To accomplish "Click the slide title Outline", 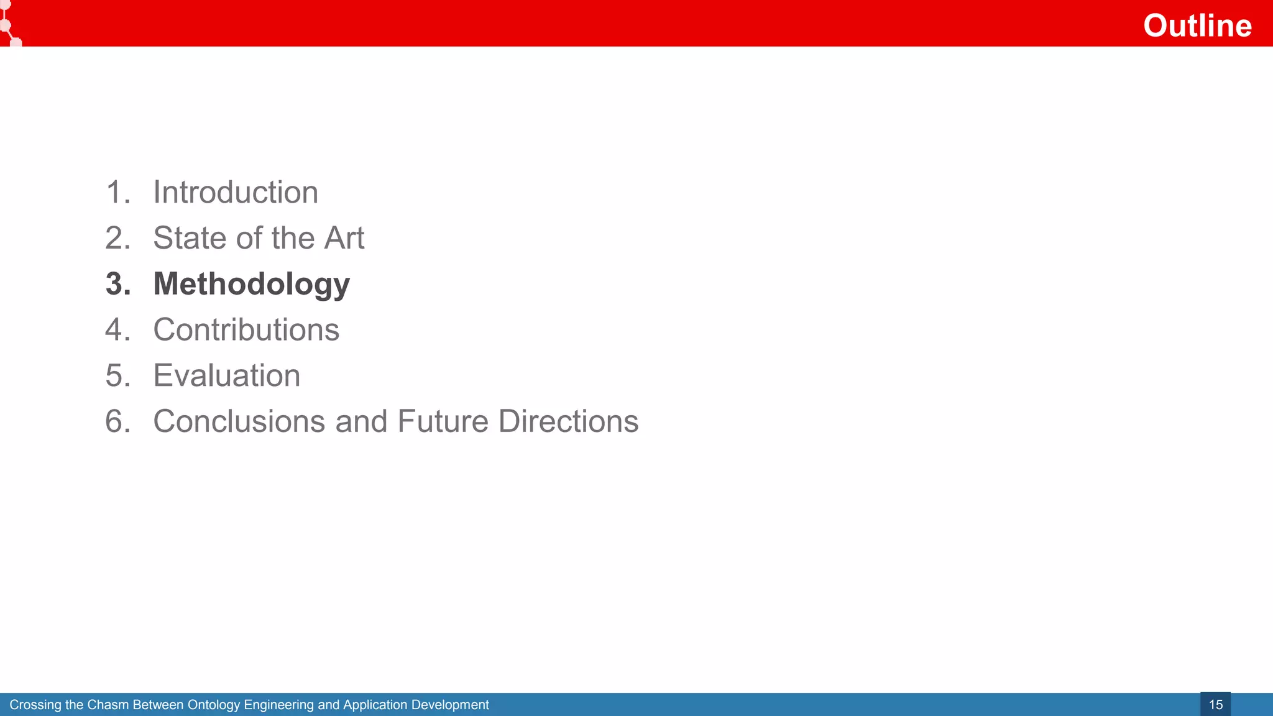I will tap(1197, 25).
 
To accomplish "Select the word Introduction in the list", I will tap(236, 192).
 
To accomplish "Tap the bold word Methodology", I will tap(252, 284).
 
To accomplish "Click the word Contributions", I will tap(246, 329).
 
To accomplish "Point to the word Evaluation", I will tap(227, 375).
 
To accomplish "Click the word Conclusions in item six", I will tap(239, 421).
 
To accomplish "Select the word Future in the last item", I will tap(443, 421).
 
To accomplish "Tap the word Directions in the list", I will tap(568, 421).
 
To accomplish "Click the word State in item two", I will tap(185, 238).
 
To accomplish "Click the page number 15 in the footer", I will tap(1215, 705).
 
